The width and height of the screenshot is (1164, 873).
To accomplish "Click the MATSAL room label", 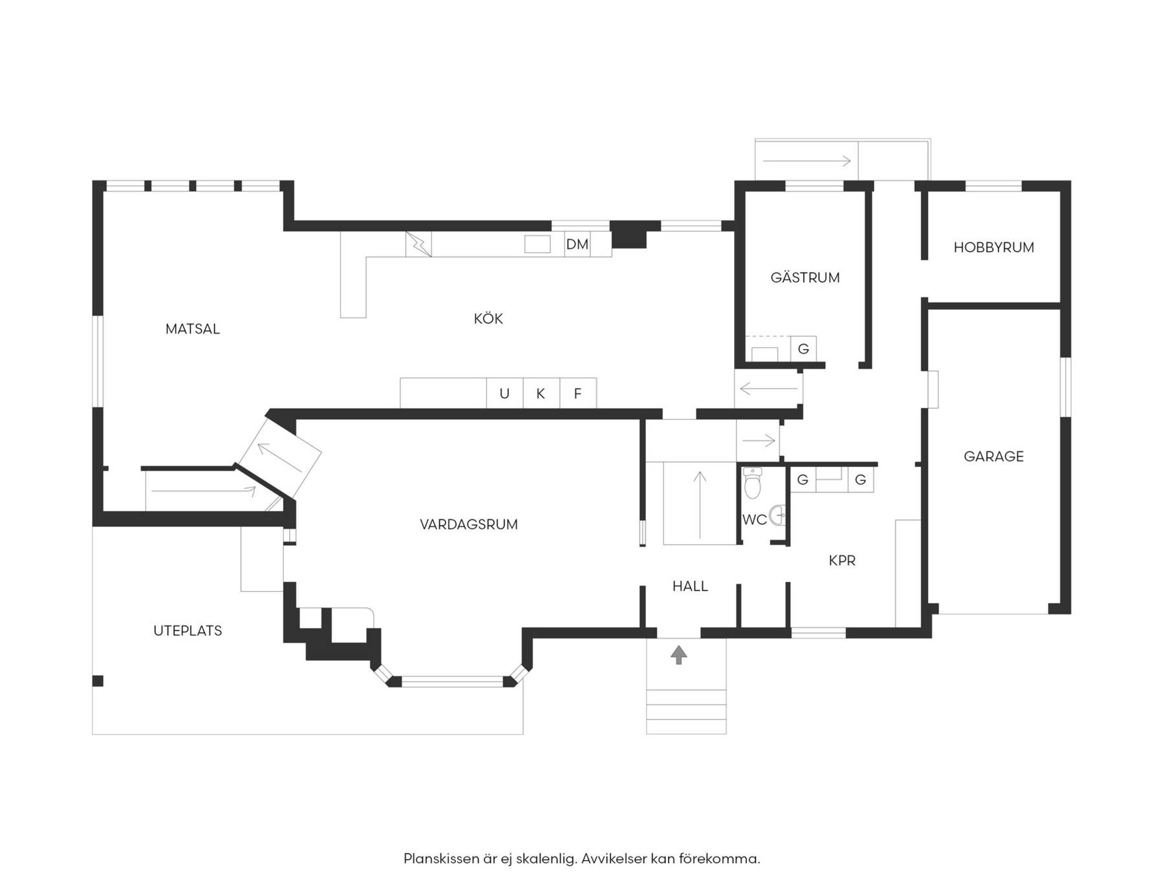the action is (193, 329).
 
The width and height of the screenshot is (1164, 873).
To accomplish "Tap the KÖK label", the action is (488, 318).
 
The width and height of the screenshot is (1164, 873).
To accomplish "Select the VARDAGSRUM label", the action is (469, 524).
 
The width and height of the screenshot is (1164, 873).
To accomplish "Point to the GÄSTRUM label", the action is (805, 277).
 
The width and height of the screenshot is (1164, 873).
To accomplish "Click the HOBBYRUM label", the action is (994, 247).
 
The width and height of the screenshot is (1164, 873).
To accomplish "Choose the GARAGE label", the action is (994, 457).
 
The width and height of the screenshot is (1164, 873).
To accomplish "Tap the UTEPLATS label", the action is (188, 630).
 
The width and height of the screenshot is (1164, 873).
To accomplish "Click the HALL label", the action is (690, 586).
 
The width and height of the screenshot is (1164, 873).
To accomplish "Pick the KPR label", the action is (842, 561).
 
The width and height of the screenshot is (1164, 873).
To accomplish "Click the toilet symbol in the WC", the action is (752, 483).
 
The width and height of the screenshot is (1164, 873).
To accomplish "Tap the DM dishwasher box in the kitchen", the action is (577, 244).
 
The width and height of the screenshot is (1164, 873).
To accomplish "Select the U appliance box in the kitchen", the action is (504, 393).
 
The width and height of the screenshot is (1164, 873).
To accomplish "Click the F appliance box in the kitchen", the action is (578, 393).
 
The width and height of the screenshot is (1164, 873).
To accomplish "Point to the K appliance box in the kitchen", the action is (541, 393).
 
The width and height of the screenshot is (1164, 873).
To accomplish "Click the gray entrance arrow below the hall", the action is (678, 655).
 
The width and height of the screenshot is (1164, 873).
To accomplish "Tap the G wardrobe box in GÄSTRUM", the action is (803, 349).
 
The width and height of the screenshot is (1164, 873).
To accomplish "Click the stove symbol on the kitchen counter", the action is (418, 244).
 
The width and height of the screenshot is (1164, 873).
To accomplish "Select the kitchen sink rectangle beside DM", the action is (537, 244).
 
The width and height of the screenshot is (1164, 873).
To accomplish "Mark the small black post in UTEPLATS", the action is (98, 681).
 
